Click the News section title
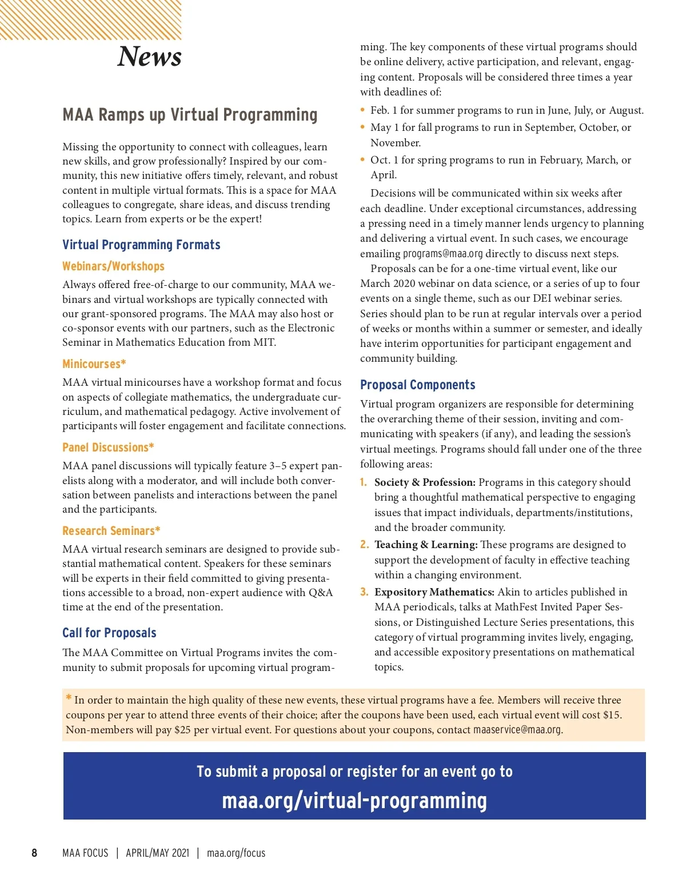coord(149,57)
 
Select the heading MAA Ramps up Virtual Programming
coord(190,115)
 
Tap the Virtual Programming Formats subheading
coord(141,245)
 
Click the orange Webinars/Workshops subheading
coord(113,266)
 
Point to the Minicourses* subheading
coord(94,364)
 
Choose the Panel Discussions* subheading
coord(108,448)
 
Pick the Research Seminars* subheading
coord(111,531)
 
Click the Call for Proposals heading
coord(109,633)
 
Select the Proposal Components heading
coord(417,385)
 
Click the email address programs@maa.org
coord(442,254)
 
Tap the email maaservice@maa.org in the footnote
coord(517,730)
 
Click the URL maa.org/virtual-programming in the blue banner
coord(354,801)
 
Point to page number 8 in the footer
coord(34,853)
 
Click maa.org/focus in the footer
coord(236,853)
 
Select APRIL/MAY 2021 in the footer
coord(157,853)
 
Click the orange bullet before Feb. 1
coord(362,110)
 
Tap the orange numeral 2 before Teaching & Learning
coord(364,545)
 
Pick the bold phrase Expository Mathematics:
coord(434,592)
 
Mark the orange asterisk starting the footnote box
coord(69,697)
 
